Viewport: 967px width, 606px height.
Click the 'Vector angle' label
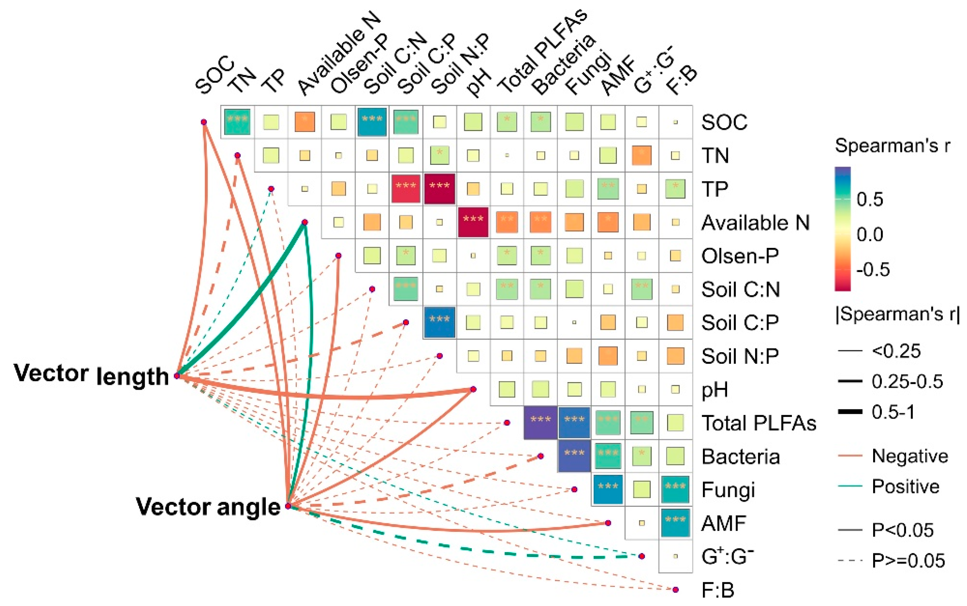208,507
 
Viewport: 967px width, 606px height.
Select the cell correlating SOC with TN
237,121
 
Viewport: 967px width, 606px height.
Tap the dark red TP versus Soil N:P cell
440,188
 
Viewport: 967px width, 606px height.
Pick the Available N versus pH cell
473,222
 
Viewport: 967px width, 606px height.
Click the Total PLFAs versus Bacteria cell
540,423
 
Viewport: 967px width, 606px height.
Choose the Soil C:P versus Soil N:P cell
440,322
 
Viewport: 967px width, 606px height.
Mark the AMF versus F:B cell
675,523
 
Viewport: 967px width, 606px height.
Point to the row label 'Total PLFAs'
759,423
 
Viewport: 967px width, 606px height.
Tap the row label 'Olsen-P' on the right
740,256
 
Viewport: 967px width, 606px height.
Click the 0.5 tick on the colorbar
870,199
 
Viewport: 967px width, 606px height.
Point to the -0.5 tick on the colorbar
873,269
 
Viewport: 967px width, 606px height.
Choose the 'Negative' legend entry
910,456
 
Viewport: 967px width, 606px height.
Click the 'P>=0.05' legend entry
908,560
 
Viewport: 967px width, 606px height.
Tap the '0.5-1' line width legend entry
893,412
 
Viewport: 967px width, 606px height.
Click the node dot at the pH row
473,389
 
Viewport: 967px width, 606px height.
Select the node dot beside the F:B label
676,590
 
